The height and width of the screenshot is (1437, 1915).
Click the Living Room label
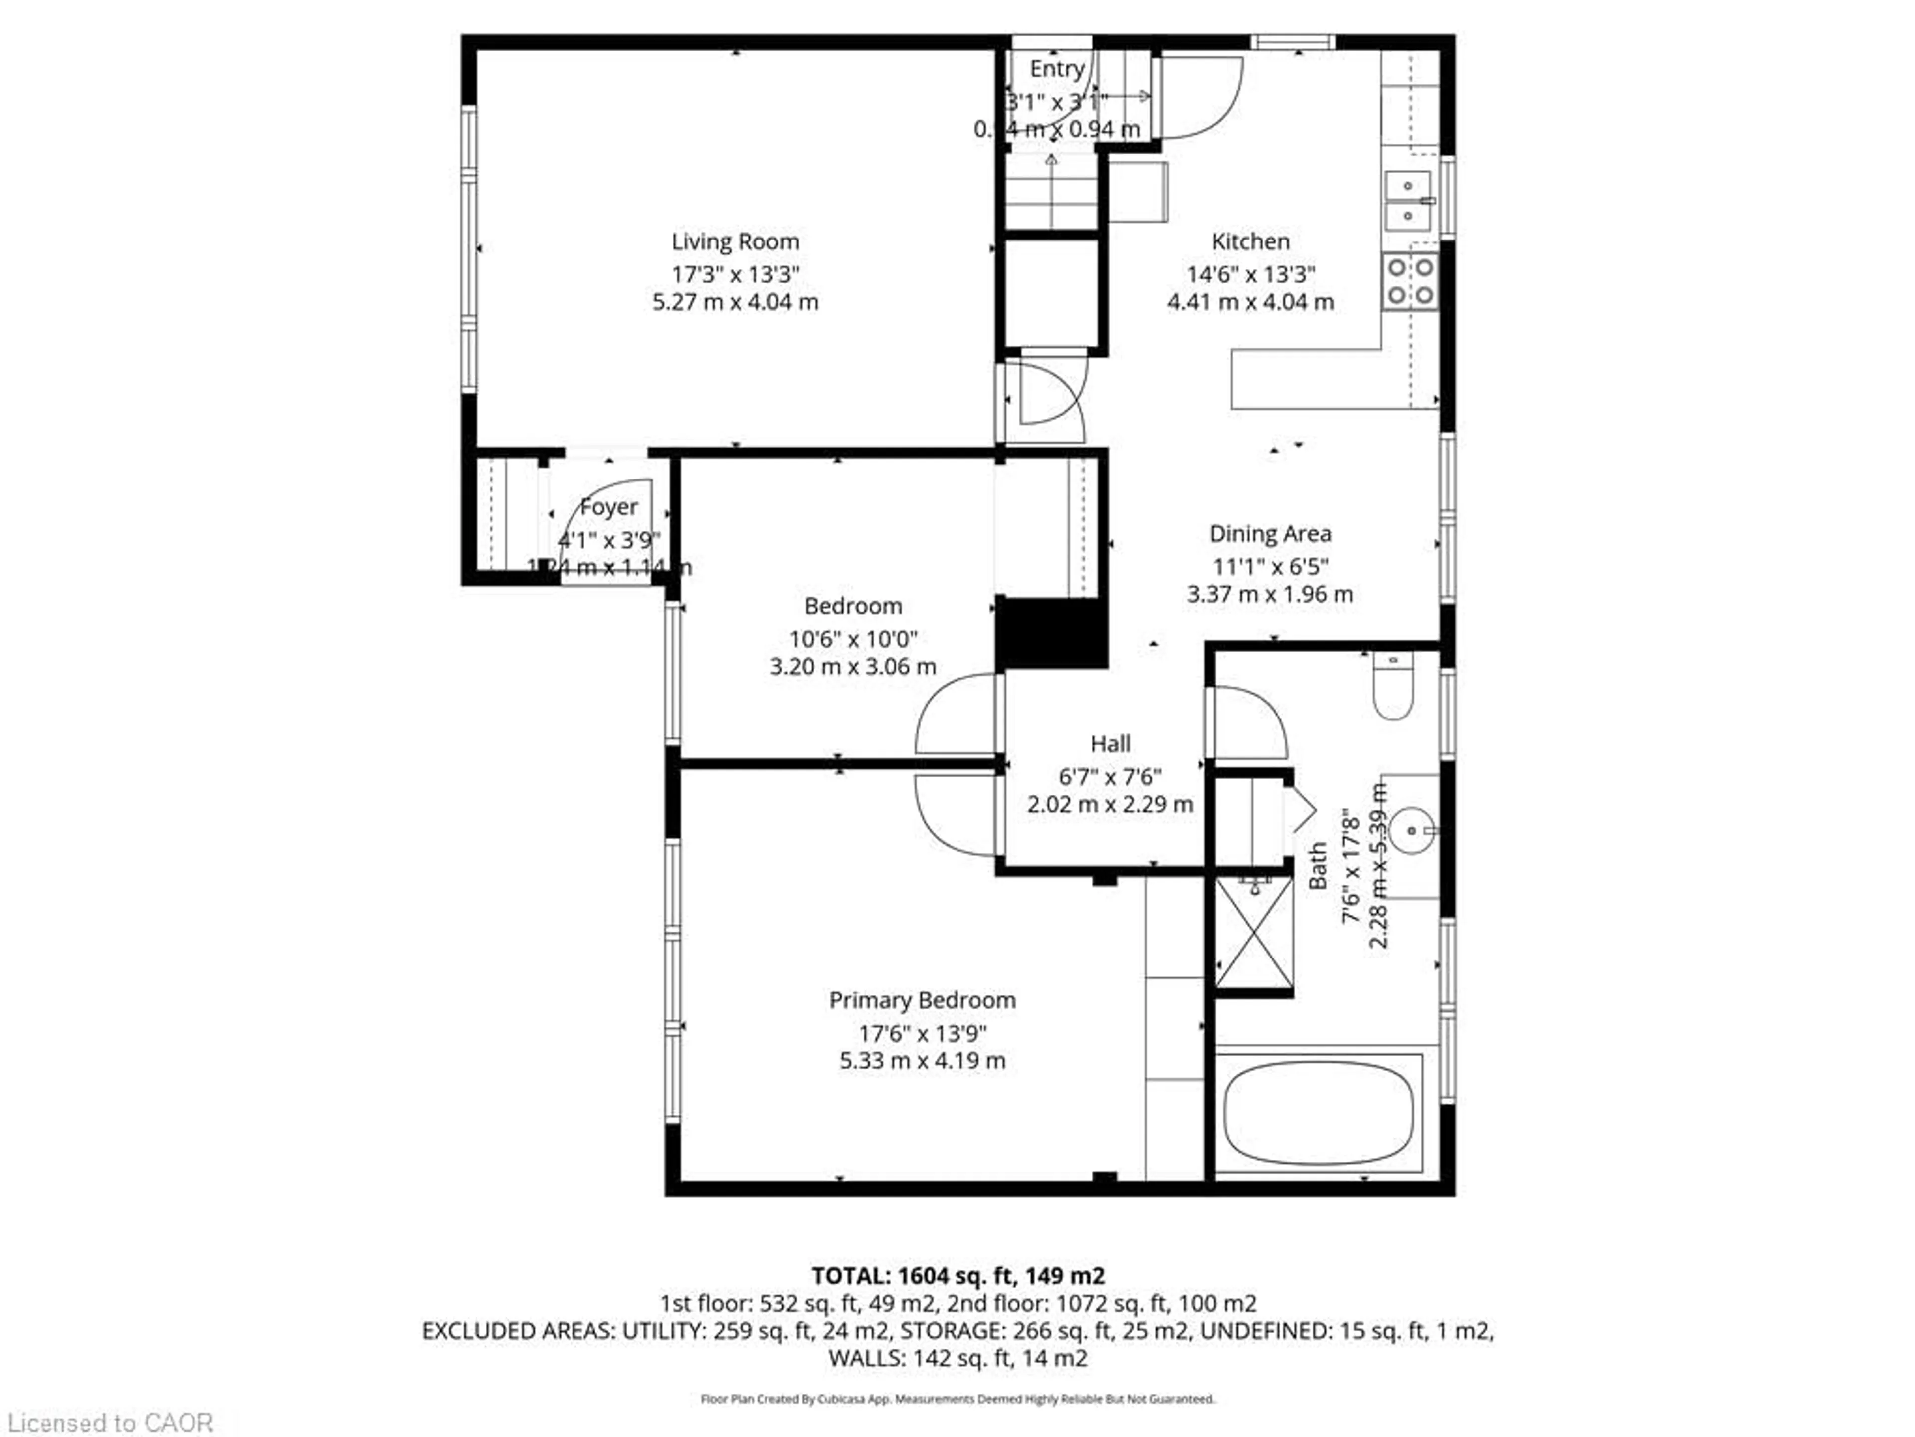[735, 241]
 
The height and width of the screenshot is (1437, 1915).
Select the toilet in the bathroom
[1393, 689]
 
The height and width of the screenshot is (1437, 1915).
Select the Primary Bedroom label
[922, 1000]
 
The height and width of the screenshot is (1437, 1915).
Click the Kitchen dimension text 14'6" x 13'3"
[1250, 274]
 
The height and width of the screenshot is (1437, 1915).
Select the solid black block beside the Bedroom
[1051, 632]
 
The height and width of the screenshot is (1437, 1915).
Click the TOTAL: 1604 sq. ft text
[957, 1276]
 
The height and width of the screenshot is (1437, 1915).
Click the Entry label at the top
[1056, 68]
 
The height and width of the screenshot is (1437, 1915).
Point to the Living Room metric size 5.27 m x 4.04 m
[735, 302]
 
